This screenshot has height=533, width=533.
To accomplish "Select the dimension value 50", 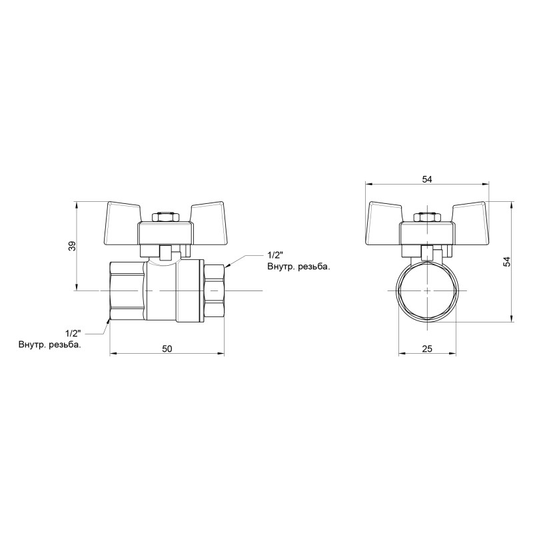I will [x=167, y=348].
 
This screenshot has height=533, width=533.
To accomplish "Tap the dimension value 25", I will [x=427, y=348].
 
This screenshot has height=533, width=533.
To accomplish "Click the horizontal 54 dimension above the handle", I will [x=427, y=178].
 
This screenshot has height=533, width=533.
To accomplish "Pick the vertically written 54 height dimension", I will [x=507, y=262].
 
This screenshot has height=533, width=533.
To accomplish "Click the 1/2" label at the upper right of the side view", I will [x=276, y=255].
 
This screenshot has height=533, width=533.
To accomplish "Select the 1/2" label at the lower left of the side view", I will [x=73, y=332].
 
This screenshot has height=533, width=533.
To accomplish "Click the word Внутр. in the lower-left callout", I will [x=33, y=344].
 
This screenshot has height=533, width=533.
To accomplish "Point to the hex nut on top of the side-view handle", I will [x=165, y=217].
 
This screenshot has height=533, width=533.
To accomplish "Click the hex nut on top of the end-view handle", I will [x=427, y=217].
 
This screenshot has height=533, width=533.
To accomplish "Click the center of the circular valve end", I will [x=427, y=291].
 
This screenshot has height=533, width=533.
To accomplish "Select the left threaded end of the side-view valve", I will [x=127, y=291].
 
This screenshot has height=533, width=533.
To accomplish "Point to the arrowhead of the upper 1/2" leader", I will [x=229, y=265].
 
